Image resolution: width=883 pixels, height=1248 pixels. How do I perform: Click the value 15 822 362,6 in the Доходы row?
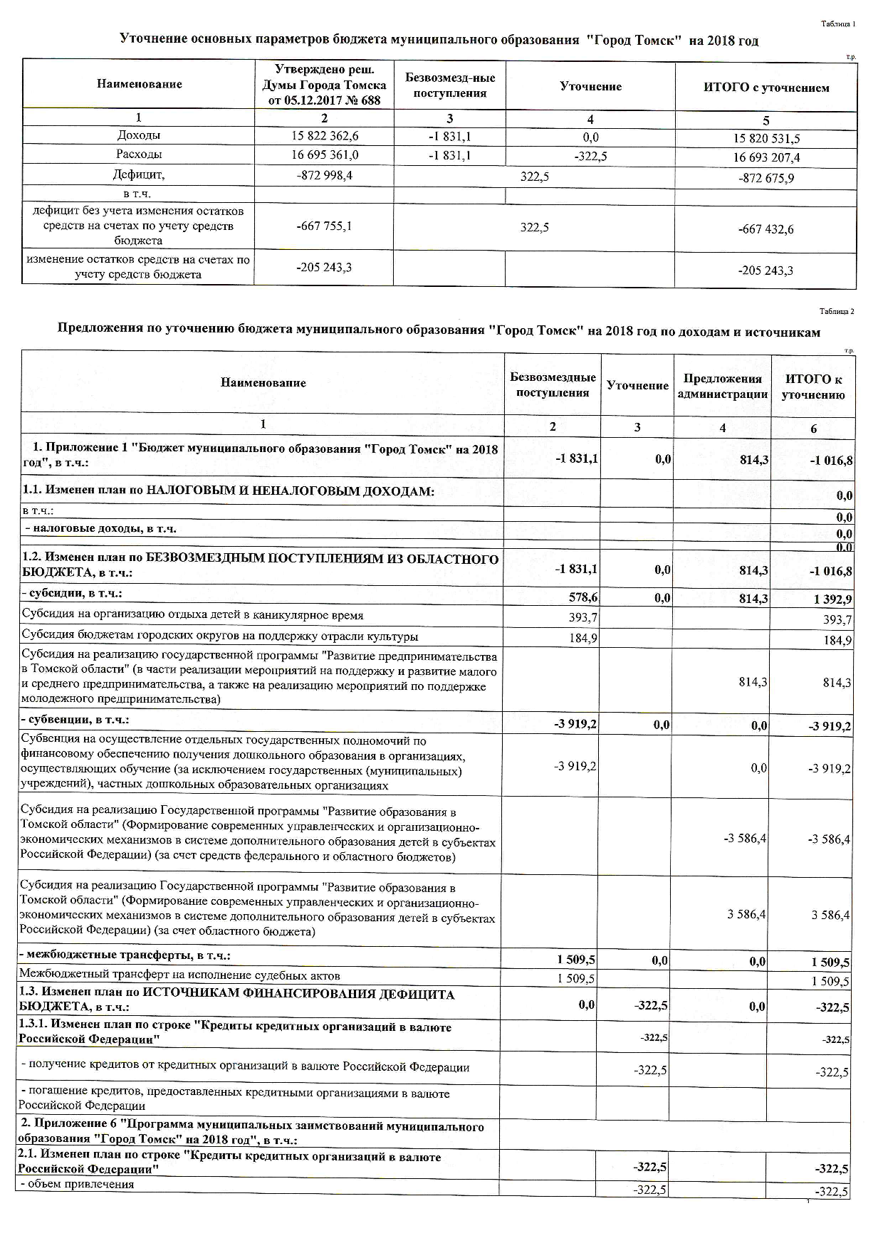click(324, 136)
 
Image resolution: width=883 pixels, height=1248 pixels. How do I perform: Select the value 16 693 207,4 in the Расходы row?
click(766, 157)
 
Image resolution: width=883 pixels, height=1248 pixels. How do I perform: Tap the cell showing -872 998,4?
click(324, 175)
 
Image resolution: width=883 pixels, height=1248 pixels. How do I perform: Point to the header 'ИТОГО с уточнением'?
click(766, 88)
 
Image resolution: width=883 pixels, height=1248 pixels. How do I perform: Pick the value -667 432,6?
click(766, 229)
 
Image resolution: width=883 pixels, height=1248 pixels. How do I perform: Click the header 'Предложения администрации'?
click(722, 387)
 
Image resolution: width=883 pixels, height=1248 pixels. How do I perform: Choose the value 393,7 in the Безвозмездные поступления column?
click(582, 617)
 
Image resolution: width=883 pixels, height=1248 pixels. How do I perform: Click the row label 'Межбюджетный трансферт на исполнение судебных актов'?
click(179, 975)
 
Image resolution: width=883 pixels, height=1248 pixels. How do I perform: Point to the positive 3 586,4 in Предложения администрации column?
click(746, 914)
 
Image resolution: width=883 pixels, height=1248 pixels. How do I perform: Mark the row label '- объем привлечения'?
click(78, 1185)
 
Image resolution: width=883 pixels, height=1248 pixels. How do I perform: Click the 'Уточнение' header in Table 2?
click(637, 385)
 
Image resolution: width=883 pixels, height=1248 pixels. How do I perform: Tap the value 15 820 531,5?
click(766, 139)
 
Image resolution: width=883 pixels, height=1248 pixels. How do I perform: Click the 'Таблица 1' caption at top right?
click(837, 24)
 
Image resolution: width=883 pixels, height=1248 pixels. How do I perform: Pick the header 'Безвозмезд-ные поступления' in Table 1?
click(449, 86)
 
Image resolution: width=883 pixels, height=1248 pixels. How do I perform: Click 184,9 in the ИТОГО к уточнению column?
click(837, 640)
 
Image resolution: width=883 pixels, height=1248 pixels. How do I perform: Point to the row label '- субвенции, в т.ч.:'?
click(74, 720)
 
